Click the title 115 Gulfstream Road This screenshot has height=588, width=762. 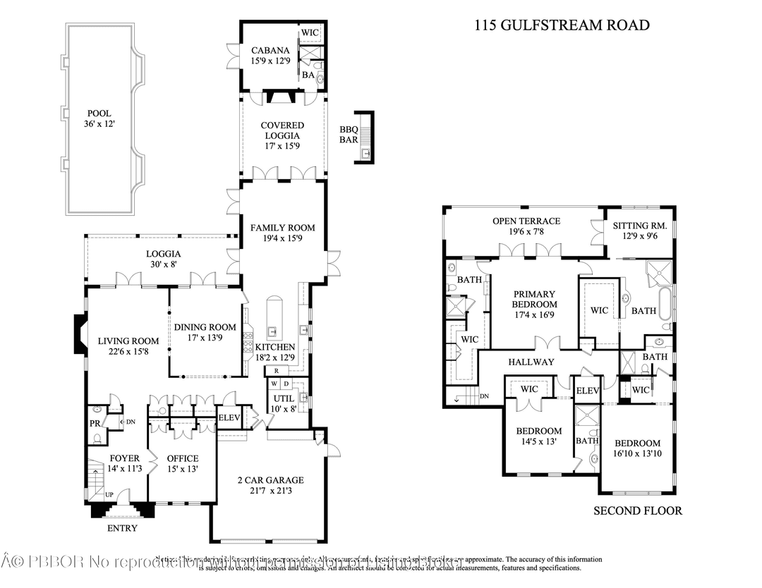pyautogui.click(x=560, y=25)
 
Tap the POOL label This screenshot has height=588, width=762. pyautogui.click(x=99, y=114)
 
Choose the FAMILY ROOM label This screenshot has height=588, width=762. pyautogui.click(x=282, y=228)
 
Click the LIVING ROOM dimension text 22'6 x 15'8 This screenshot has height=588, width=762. pyautogui.click(x=128, y=352)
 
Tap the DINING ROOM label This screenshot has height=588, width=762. pyautogui.click(x=205, y=327)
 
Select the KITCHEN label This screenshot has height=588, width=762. pyautogui.click(x=274, y=348)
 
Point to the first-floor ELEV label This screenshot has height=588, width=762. pyautogui.click(x=229, y=417)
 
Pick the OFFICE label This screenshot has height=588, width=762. pyautogui.click(x=182, y=458)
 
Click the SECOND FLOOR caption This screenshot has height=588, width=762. pyautogui.click(x=637, y=510)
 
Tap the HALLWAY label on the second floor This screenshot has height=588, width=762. pyautogui.click(x=531, y=362)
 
